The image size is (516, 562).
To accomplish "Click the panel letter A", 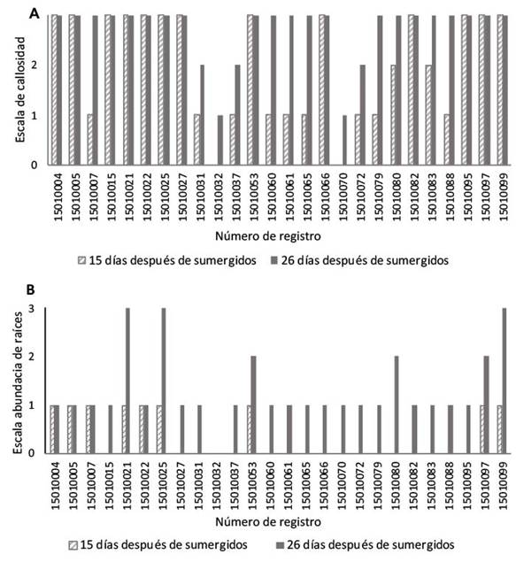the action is point(34,13).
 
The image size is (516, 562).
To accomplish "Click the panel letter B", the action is point(31,289).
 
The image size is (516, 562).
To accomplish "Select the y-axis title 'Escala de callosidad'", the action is point(20,89).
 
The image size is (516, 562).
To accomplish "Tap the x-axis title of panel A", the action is point(267,236).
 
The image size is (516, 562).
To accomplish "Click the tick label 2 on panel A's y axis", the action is point(34,65).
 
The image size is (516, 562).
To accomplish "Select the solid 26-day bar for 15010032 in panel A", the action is point(220,140).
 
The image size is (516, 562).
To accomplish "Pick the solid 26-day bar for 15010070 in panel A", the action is point(344,140).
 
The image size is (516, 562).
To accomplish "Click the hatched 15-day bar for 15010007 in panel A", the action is point(90,140).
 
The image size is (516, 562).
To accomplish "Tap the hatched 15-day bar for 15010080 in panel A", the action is point(393,115).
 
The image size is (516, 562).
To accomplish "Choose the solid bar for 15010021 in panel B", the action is point(128,381).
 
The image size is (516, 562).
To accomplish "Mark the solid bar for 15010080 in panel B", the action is point(397,404).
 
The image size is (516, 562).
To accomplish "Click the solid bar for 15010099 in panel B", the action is point(504,381).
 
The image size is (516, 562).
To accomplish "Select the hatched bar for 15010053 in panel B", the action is point(249,429).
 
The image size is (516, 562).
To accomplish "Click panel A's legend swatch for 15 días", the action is point(81,260).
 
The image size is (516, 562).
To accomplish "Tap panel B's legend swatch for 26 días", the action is point(280,545).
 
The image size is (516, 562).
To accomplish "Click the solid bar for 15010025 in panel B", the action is point(164,381).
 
